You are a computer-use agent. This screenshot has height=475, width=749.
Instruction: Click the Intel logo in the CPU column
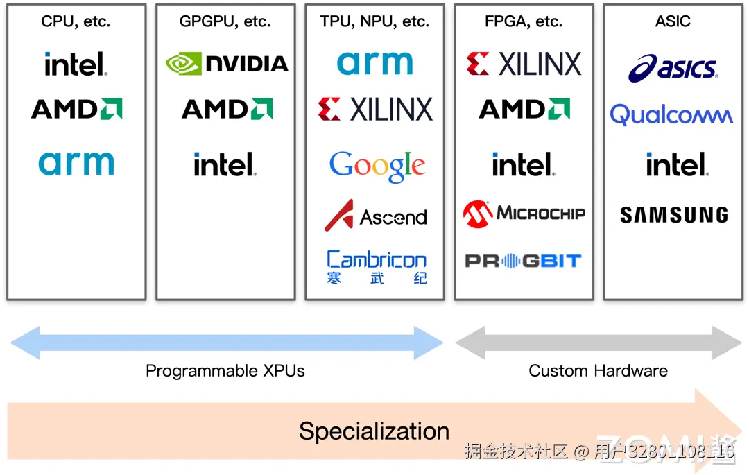[76, 64]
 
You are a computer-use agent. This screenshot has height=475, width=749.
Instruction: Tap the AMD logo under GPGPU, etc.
[227, 109]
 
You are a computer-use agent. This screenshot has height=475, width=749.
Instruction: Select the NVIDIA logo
[227, 64]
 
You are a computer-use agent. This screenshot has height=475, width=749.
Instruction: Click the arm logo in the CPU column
[76, 163]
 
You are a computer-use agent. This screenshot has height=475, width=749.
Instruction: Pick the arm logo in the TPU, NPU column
[374, 62]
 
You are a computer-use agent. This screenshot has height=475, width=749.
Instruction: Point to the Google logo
[377, 166]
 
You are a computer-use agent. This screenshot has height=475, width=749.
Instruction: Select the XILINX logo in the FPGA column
[524, 64]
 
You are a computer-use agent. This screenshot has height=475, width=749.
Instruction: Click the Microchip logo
[524, 214]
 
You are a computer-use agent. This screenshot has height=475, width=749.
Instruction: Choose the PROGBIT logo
[523, 261]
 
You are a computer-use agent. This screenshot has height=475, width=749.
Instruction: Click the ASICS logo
[673, 68]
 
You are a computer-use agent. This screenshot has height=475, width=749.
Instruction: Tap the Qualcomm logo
[671, 114]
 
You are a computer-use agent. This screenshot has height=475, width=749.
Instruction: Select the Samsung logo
[673, 215]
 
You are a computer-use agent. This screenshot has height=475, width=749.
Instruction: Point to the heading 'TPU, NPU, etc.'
[374, 21]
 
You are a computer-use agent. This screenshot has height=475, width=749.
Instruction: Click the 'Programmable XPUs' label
[225, 371]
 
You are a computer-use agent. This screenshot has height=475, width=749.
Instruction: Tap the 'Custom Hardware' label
[598, 371]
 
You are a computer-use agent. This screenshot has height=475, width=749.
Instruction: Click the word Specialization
[374, 431]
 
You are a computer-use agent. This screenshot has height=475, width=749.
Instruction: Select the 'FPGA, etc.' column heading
[524, 21]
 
